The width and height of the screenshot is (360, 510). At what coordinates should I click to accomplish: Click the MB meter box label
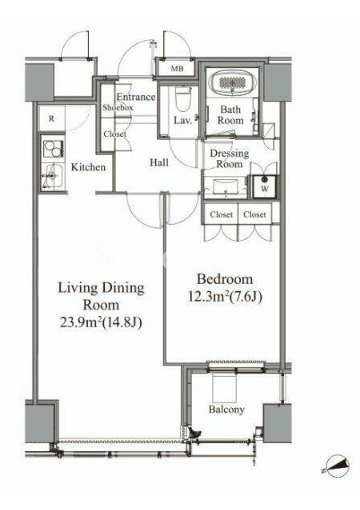click(177, 69)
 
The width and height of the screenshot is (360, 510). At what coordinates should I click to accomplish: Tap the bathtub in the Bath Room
click(233, 82)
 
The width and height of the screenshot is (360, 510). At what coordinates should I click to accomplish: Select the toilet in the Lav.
click(182, 99)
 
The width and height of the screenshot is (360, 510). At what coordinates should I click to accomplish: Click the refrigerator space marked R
click(51, 118)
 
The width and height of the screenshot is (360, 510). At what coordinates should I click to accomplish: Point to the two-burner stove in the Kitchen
click(53, 149)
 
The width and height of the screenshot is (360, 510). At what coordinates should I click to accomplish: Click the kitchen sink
click(53, 176)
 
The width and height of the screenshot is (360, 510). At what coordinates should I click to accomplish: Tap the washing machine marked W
click(265, 187)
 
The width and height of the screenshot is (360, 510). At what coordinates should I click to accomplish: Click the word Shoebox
click(118, 107)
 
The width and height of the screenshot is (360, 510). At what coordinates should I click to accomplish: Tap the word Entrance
click(136, 97)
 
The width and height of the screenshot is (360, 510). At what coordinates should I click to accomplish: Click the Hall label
click(159, 163)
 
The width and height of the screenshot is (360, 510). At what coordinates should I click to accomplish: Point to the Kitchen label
click(88, 167)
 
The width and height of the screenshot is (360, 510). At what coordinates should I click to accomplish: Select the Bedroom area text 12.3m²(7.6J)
click(225, 296)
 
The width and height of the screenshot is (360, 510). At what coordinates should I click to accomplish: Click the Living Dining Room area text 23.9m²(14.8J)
click(101, 322)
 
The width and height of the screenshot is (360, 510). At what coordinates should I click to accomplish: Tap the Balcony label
click(226, 409)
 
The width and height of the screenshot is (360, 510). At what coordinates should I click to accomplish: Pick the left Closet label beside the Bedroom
click(221, 214)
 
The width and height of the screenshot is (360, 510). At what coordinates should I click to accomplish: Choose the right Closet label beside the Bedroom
click(255, 214)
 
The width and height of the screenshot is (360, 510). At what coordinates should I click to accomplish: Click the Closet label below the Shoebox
click(115, 134)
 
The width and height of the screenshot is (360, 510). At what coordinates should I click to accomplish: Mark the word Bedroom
click(225, 279)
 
